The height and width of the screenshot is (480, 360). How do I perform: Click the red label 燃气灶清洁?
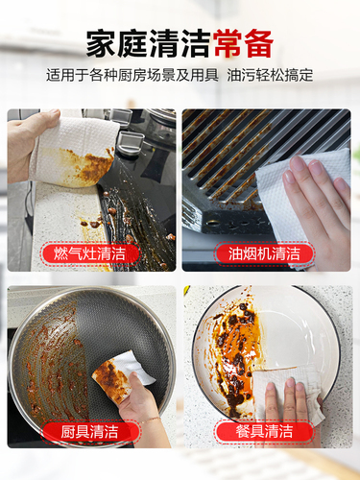(90, 253)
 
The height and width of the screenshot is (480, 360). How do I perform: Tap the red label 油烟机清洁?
(264, 253)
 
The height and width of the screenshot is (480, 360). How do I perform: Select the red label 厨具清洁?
(90, 432)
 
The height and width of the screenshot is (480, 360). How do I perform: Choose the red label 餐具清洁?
(264, 431)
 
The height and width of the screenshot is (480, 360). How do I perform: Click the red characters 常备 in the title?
(244, 44)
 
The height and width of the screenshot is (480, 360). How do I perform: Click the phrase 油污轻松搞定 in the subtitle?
(270, 76)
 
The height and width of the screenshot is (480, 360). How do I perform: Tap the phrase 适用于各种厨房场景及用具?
(132, 76)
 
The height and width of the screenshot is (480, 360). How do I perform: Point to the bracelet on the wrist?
(150, 420)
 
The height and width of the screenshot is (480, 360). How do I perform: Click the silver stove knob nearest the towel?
(130, 142)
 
